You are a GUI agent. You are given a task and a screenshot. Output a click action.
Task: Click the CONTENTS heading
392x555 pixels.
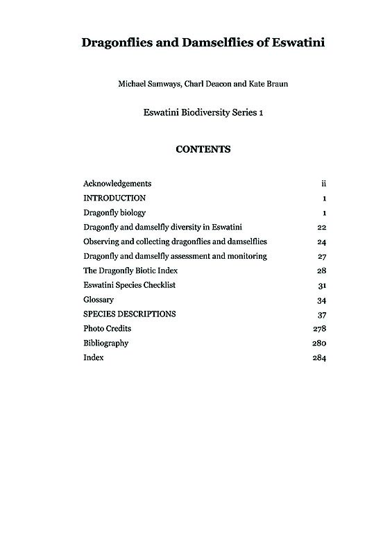point(203,149)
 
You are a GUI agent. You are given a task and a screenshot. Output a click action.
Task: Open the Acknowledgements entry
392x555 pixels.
point(117,184)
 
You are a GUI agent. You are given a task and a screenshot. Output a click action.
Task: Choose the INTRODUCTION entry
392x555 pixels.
point(114,198)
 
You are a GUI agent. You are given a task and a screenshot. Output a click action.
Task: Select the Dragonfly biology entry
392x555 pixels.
point(114,213)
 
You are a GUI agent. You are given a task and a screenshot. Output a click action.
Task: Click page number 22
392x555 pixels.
point(321,228)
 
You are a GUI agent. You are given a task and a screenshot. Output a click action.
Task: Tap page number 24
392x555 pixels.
point(321,242)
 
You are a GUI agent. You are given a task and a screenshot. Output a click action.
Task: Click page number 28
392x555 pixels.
point(321,271)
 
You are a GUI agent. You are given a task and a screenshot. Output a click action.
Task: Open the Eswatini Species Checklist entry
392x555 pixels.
point(129,285)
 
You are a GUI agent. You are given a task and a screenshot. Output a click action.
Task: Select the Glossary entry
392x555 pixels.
point(99,300)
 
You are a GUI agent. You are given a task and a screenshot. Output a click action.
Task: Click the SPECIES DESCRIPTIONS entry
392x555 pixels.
point(129,314)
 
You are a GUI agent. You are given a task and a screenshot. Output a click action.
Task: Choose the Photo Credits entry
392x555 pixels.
point(107,329)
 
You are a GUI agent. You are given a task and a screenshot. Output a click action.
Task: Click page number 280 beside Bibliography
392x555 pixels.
point(319,343)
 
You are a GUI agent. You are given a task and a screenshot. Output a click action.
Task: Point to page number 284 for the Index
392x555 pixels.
point(319,358)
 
